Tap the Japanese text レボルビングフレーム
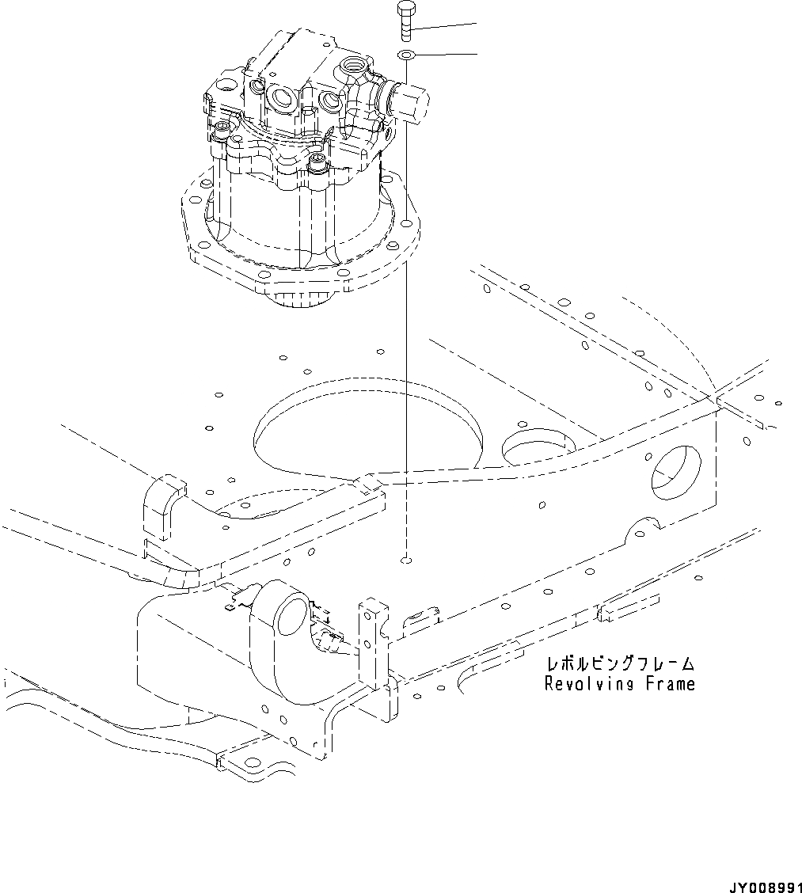coord(619,663)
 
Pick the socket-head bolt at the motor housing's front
coord(318,163)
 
